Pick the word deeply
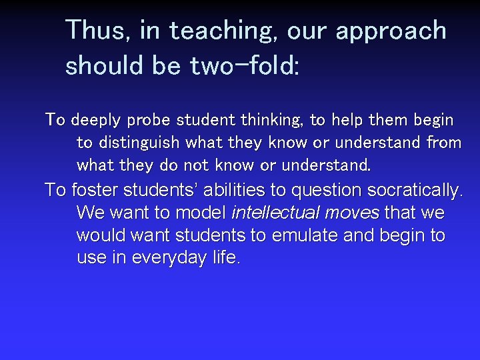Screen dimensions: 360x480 pyautogui.click(x=95, y=121)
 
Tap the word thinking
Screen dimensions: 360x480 pyautogui.click(x=273, y=121)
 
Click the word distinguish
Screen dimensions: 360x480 pyautogui.click(x=139, y=143)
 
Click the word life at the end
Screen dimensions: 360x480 pyautogui.click(x=224, y=258)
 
